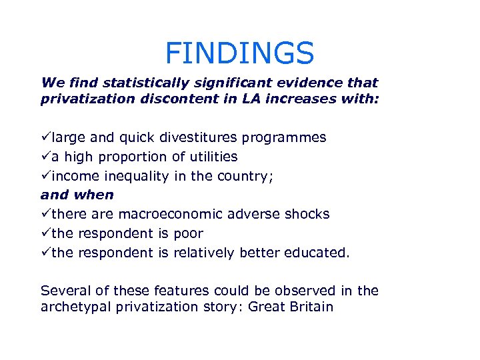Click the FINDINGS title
tap(239, 53)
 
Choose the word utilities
tap(209, 157)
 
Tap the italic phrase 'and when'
tap(77, 195)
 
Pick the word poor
tap(189, 233)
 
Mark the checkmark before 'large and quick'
tap(46, 137)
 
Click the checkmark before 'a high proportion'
tap(46, 157)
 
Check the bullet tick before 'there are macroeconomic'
tap(46, 214)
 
